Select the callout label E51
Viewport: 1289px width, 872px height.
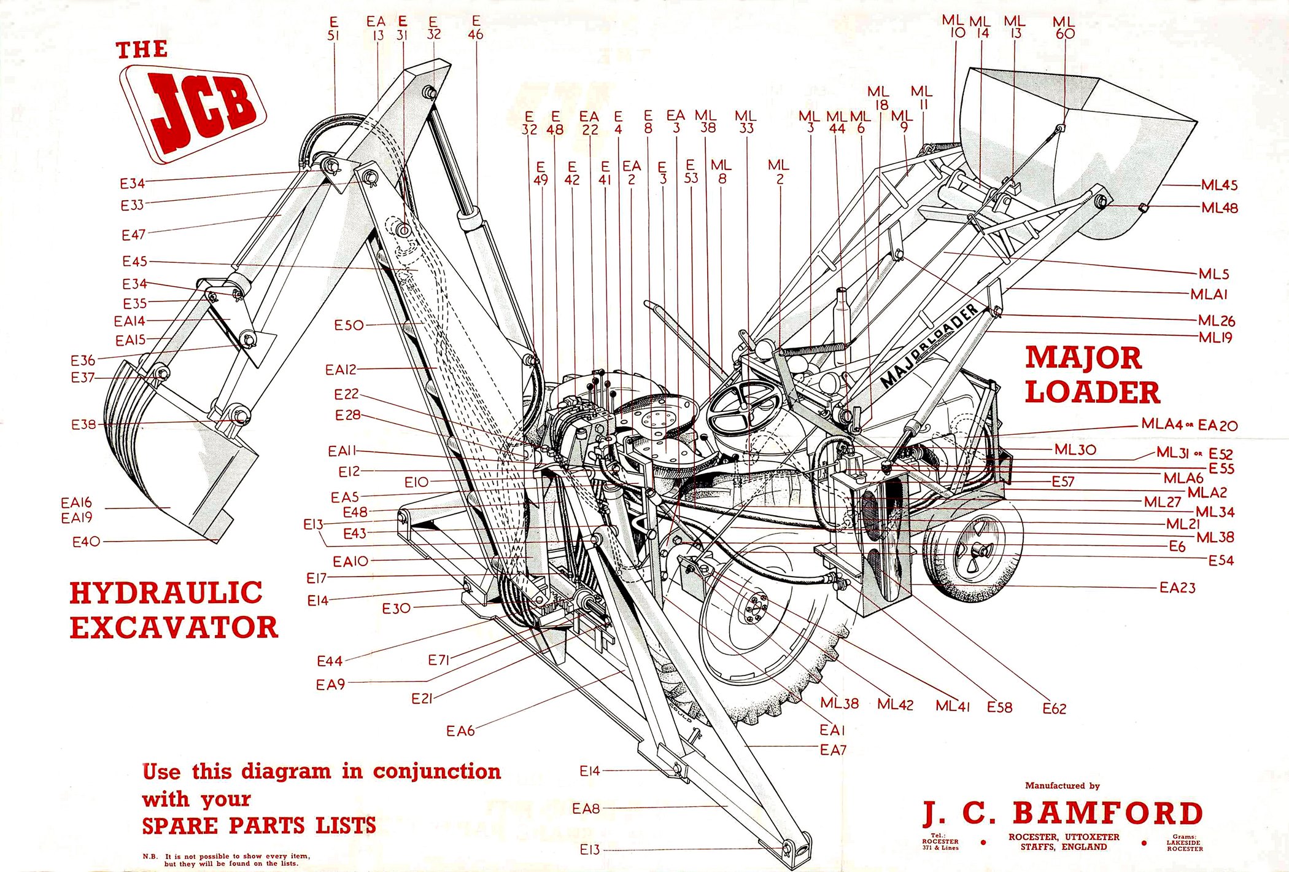click(333, 29)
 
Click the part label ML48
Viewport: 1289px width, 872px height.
click(1219, 208)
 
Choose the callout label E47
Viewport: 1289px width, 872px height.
click(133, 235)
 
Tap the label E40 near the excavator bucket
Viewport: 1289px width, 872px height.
click(86, 542)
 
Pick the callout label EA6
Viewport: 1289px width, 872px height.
click(460, 731)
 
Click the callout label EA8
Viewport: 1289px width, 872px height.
click(586, 809)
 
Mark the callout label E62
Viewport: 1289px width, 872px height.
click(1054, 709)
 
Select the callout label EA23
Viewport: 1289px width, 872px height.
click(1177, 588)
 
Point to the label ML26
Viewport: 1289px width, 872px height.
click(1217, 321)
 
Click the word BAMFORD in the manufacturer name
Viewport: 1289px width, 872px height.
click(1107, 814)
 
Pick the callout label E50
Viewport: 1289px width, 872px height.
click(349, 325)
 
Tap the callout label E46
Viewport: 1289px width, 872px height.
click(476, 29)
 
